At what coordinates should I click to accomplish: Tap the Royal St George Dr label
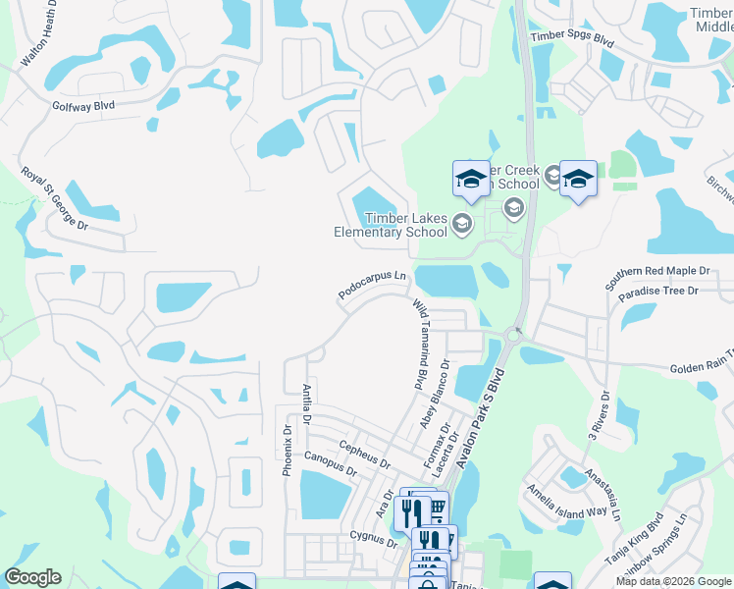pyautogui.click(x=55, y=198)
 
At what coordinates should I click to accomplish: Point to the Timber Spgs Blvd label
pyautogui.click(x=572, y=36)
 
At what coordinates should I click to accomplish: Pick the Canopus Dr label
pyautogui.click(x=331, y=464)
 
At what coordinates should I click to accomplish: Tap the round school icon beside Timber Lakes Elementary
pyautogui.click(x=462, y=227)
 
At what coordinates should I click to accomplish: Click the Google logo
pyautogui.click(x=32, y=577)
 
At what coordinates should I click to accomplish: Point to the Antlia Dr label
pyautogui.click(x=307, y=404)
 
